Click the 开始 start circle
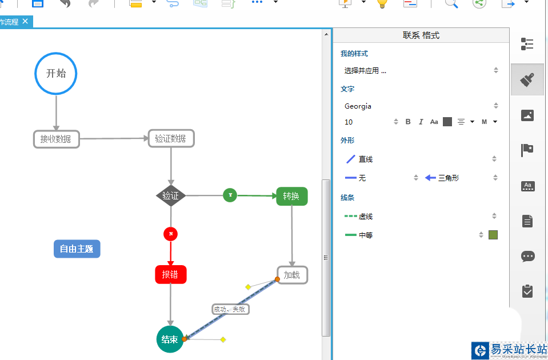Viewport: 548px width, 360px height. (x=55, y=73)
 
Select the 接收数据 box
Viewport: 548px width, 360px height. (x=56, y=139)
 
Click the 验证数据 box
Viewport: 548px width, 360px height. (x=171, y=138)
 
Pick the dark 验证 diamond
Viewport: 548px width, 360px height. (x=171, y=195)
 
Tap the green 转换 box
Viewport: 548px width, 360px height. (x=291, y=196)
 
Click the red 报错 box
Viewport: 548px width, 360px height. (x=170, y=274)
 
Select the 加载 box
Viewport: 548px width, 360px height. (x=292, y=275)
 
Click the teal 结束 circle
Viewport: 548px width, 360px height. (x=170, y=339)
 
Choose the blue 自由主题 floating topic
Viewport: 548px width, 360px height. (x=77, y=249)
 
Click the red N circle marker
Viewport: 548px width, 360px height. (x=170, y=234)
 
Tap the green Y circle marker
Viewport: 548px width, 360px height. (x=230, y=195)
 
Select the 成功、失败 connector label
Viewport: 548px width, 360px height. (x=230, y=309)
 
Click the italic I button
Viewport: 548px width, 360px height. (x=421, y=122)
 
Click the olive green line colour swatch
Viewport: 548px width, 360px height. (x=493, y=235)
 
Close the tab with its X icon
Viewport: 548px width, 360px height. (x=25, y=22)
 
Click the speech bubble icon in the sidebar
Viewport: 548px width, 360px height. (x=528, y=256)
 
